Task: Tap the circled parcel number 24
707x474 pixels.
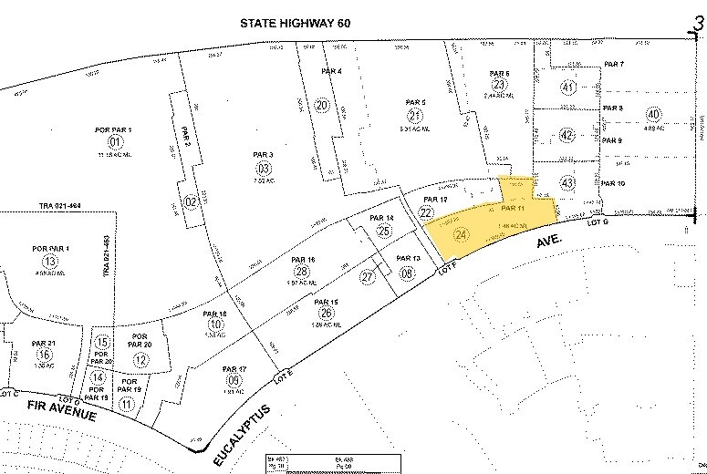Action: pos(461,233)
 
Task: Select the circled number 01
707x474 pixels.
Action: pos(115,142)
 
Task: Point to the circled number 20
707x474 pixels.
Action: pos(321,106)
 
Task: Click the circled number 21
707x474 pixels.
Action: pos(415,115)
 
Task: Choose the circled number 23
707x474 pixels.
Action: pos(499,84)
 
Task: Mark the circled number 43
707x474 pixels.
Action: pos(568,183)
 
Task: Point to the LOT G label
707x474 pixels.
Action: pos(598,221)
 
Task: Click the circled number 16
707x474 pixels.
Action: pos(44,355)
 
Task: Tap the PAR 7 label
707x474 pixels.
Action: pos(614,65)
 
